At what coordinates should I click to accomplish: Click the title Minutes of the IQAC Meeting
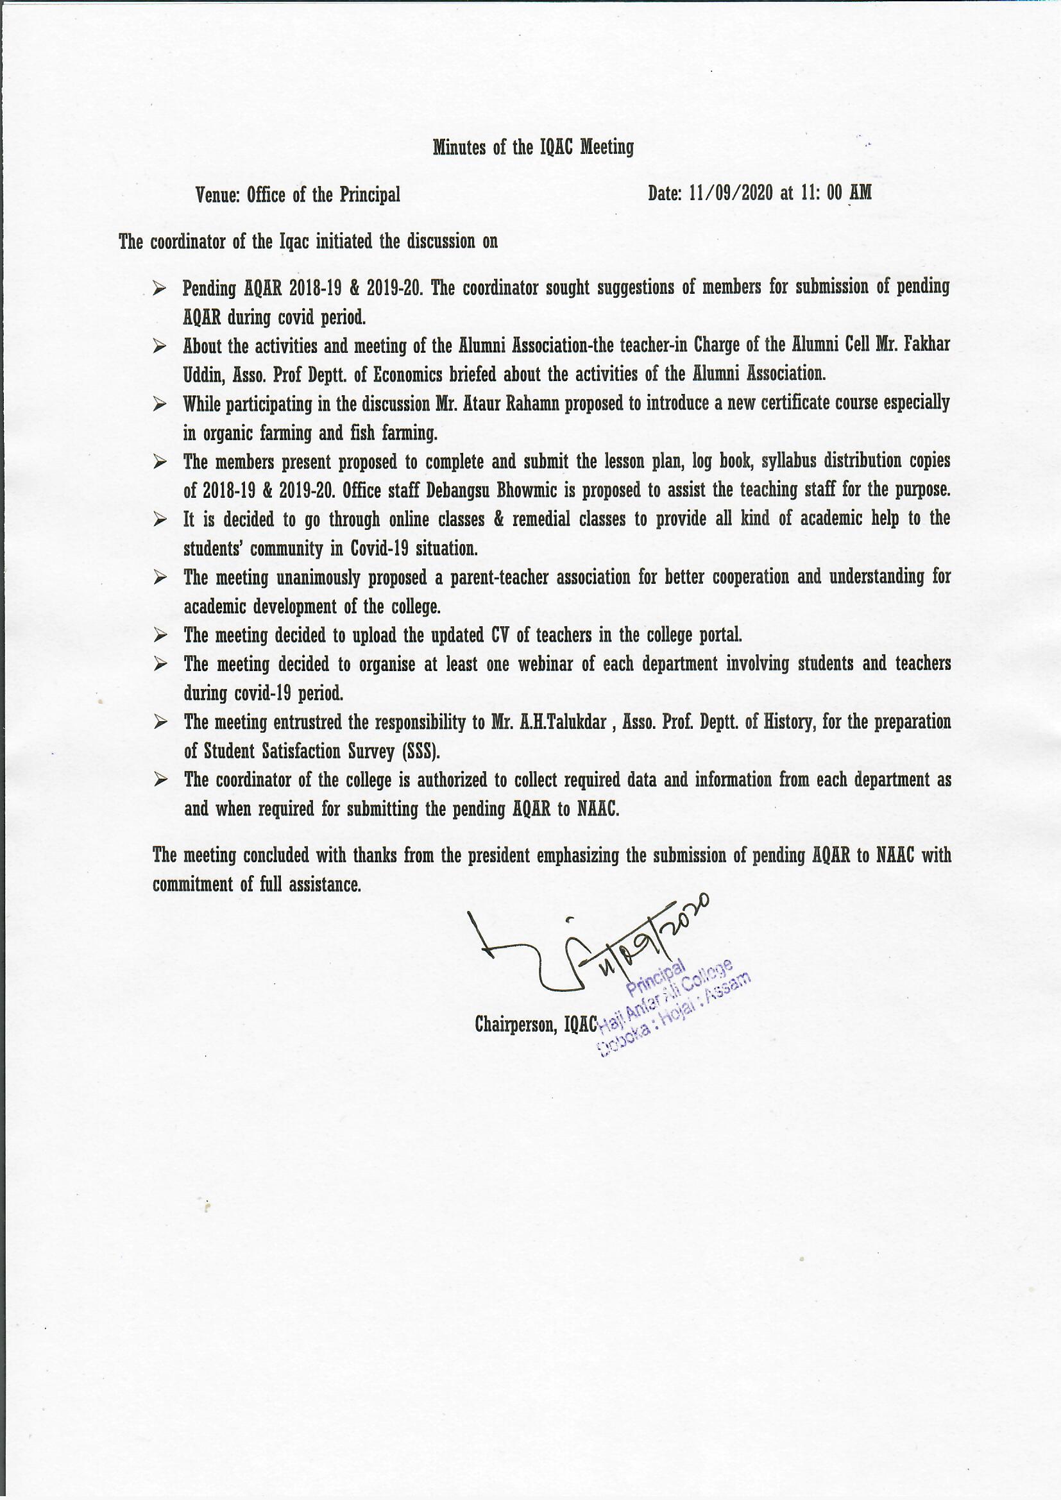tap(533, 148)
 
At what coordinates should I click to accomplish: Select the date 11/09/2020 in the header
tap(731, 193)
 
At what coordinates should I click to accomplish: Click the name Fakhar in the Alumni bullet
tap(927, 345)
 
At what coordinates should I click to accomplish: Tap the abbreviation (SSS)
tap(421, 752)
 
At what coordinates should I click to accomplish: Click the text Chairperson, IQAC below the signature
tap(536, 1025)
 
